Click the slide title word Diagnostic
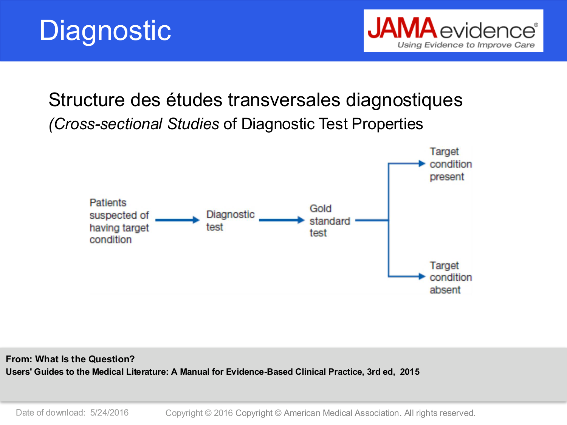pos(105,31)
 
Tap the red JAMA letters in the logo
pos(402,29)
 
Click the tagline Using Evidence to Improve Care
pos(466,45)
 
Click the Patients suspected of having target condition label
pos(119,221)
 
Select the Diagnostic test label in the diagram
pos(230,221)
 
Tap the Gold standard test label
pos(329,221)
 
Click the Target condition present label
pos(450,164)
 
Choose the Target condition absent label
pos(450,278)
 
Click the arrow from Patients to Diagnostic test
pos(177,220)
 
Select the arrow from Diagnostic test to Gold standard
pos(281,220)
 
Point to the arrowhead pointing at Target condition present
pos(422,164)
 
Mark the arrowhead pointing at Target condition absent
pos(422,277)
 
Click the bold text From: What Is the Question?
pos(70,359)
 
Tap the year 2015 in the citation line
pos(410,372)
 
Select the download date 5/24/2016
pos(109,413)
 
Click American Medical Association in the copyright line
pos(341,413)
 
